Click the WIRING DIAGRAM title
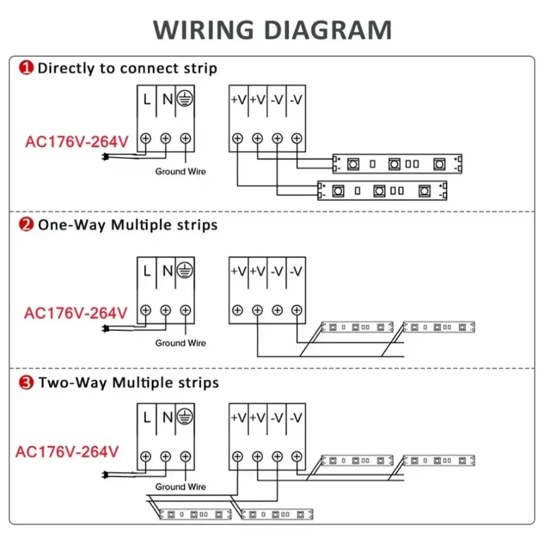click(x=272, y=30)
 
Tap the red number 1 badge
click(x=27, y=68)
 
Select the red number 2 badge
click(x=27, y=225)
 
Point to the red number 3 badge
click(x=27, y=383)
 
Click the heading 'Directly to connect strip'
click(x=127, y=68)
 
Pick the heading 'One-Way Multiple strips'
click(x=128, y=225)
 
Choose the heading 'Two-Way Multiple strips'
click(x=128, y=383)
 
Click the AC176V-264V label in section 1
click(x=77, y=142)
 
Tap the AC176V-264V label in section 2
click(x=76, y=313)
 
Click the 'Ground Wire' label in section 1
click(x=180, y=172)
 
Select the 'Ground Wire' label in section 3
click(x=180, y=487)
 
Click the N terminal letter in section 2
click(x=167, y=271)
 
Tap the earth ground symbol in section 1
click(x=186, y=99)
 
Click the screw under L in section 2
click(x=146, y=310)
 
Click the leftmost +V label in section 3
click(x=238, y=416)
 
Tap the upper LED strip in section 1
click(x=397, y=163)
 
